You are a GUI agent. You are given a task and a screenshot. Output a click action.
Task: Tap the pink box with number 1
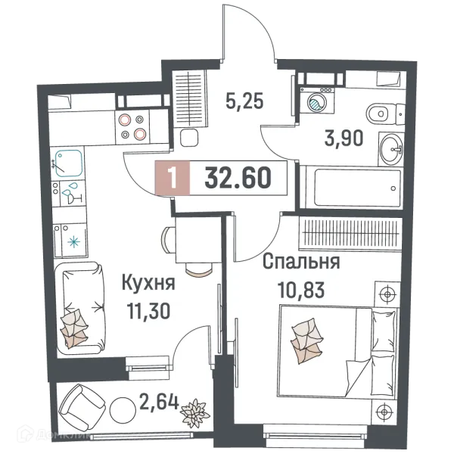tap(173, 179)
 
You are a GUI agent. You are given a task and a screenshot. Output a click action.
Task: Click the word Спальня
tap(300, 263)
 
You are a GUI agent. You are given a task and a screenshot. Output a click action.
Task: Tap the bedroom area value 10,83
tap(298, 290)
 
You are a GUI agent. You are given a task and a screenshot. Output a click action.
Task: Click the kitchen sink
tap(68, 161)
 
